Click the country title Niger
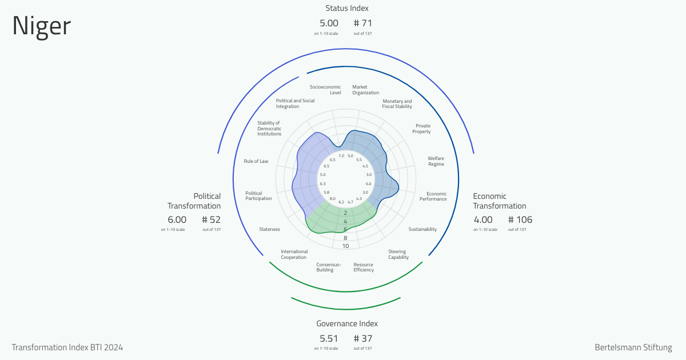coord(42,26)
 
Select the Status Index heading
coord(346,8)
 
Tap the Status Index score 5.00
coord(329,23)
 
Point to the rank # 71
coord(363,23)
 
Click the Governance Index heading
coord(347,323)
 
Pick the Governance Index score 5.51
coord(329,338)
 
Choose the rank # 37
coord(363,338)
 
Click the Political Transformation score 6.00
coord(177,220)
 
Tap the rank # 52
coord(212,220)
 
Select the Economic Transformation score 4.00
coord(483,220)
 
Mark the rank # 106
coord(520,220)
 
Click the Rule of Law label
coord(256,161)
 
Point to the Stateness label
coord(269,229)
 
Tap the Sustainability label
coord(422,229)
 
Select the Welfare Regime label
coord(436,161)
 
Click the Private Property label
coord(421,129)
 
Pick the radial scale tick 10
coord(345,246)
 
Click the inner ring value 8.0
coord(333,199)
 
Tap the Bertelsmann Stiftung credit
coord(633,347)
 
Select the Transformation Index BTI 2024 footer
coord(67,347)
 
